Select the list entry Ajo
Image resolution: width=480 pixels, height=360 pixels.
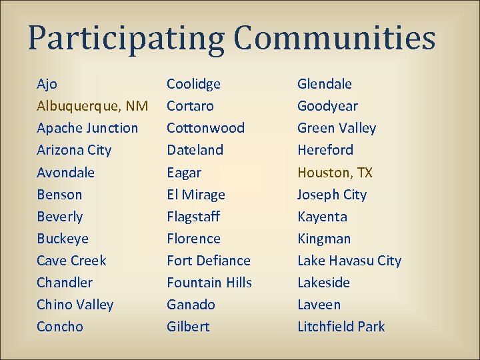[x=47, y=84]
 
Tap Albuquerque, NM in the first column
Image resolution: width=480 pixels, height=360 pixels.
[x=92, y=106]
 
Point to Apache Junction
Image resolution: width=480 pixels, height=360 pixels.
[x=87, y=128]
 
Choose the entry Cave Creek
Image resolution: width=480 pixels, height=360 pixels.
[x=71, y=261]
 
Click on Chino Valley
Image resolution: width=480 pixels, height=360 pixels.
[x=75, y=305]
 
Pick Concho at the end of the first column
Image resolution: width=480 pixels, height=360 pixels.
[x=60, y=327]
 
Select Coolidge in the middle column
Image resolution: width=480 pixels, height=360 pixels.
[x=193, y=84]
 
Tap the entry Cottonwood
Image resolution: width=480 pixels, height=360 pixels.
[x=205, y=128]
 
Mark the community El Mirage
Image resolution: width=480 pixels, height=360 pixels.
[x=195, y=195]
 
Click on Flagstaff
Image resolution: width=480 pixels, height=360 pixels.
[x=193, y=217]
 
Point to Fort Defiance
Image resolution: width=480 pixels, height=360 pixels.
[x=208, y=261]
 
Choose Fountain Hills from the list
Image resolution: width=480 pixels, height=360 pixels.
[x=209, y=283]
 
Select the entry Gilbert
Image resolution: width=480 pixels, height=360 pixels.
[x=188, y=327]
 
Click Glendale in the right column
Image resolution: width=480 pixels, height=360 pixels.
[x=324, y=84]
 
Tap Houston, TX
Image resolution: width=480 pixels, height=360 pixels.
[x=335, y=173]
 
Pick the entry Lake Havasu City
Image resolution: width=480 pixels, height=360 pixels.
[x=349, y=261]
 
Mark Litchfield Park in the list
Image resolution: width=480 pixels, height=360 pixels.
[x=341, y=327]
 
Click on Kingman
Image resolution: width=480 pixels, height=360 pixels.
[x=323, y=239]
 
